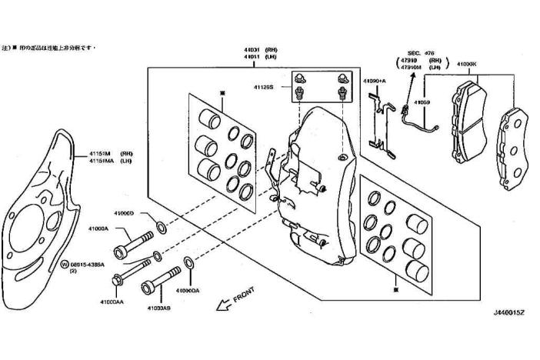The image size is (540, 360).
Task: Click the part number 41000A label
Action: pos(98,228)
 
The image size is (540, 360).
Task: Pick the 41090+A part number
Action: pos(375,80)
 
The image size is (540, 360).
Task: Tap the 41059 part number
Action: pos(421,102)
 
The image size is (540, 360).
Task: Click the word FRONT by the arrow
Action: pos(245,295)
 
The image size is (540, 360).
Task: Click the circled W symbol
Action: pos(65,263)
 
